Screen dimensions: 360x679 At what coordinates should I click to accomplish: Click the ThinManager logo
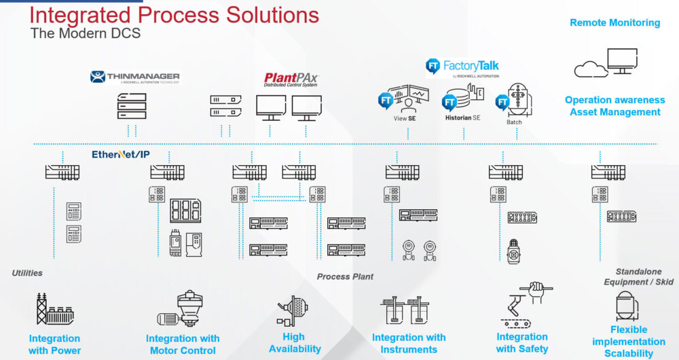point(134,77)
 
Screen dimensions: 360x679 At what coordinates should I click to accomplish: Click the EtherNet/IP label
point(121,155)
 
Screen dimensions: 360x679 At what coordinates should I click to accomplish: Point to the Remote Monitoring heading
point(614,22)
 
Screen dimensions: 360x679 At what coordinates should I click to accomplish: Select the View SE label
point(405,118)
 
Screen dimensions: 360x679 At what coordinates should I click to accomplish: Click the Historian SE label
point(462,118)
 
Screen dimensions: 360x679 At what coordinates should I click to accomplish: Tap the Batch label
point(513,122)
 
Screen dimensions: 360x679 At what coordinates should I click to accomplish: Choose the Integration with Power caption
point(54,344)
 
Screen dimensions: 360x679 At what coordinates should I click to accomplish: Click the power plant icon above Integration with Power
point(54,309)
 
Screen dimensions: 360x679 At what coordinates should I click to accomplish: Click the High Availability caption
point(295,343)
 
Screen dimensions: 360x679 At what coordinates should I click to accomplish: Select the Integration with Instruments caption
point(409,343)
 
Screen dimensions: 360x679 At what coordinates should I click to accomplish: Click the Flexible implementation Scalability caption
point(628,341)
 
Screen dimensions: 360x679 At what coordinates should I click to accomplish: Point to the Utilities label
point(27,273)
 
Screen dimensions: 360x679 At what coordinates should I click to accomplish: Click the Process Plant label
point(345,276)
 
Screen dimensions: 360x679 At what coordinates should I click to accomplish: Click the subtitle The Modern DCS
point(86,33)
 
